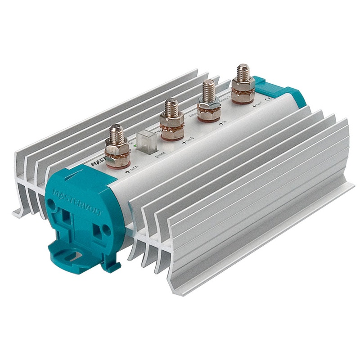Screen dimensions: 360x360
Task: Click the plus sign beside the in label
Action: point(220,122)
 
